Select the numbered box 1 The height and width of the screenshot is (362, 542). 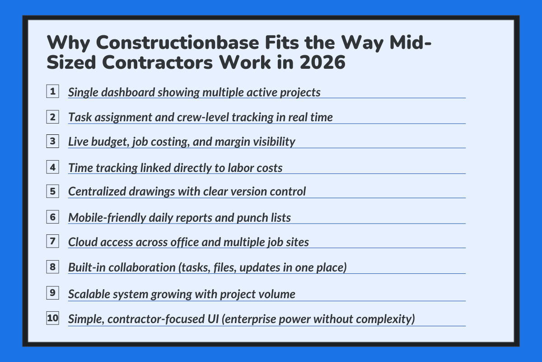pyautogui.click(x=53, y=92)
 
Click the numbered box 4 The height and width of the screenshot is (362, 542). pyautogui.click(x=53, y=167)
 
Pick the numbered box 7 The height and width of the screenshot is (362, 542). pyautogui.click(x=53, y=241)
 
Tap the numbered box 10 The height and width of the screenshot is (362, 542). pyautogui.click(x=53, y=318)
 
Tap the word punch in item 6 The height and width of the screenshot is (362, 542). pyautogui.click(x=250, y=218)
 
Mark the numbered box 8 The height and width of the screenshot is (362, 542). pyautogui.click(x=53, y=267)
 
